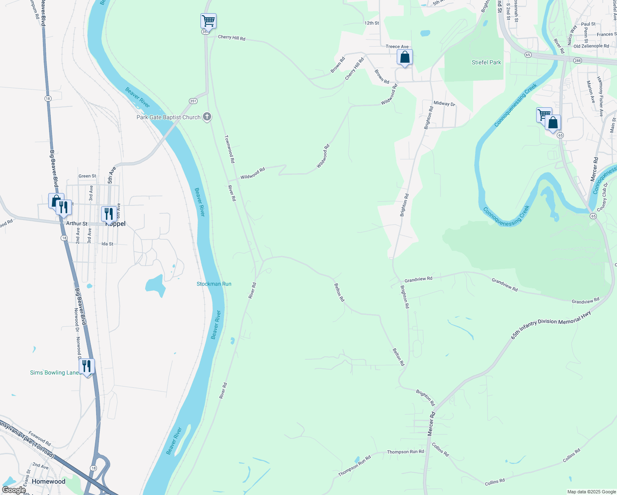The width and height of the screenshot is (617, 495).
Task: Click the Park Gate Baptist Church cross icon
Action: [x=207, y=117]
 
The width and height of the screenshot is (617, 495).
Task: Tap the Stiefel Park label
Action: [x=486, y=62]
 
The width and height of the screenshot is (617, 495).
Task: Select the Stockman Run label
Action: [x=214, y=284]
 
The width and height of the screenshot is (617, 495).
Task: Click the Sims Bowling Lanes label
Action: [x=55, y=372]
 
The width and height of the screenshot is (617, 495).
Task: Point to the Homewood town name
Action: [x=48, y=481]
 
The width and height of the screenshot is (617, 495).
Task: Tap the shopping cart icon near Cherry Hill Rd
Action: [x=208, y=21]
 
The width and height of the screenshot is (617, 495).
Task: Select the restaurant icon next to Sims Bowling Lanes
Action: [x=87, y=366]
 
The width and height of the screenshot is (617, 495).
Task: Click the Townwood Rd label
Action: [x=229, y=148]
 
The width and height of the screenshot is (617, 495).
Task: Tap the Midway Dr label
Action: [x=444, y=104]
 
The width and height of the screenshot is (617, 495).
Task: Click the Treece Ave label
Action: [x=397, y=47]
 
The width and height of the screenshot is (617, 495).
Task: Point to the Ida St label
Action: [x=107, y=244]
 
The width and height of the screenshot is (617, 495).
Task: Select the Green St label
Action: [x=87, y=176]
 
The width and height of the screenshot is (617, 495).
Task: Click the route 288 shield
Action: [x=577, y=60]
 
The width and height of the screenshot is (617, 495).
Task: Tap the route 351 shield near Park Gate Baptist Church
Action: [x=193, y=101]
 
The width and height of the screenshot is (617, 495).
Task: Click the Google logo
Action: [x=14, y=490]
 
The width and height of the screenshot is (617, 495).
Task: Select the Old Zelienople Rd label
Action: [x=591, y=46]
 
